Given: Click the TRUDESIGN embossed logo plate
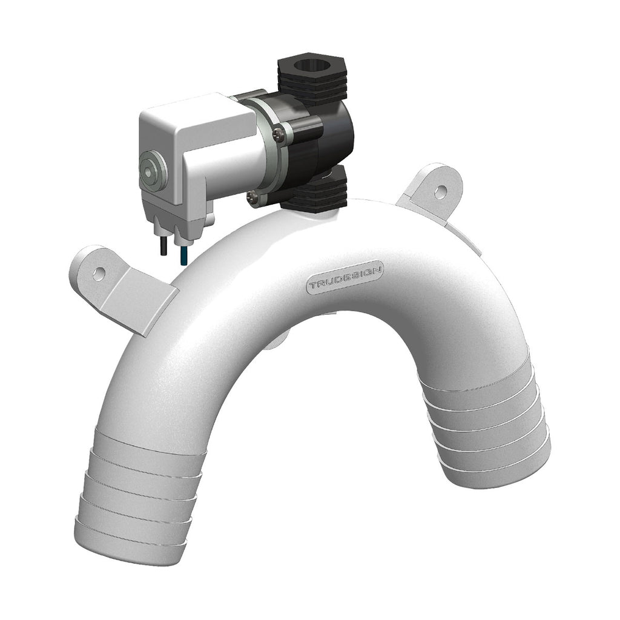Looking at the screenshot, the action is [345, 277].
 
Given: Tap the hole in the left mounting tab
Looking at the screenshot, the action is [99, 272].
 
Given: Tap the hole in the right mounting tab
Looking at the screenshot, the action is [440, 192].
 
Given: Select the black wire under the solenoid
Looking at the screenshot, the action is [163, 247].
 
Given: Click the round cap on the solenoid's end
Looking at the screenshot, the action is [153, 171].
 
